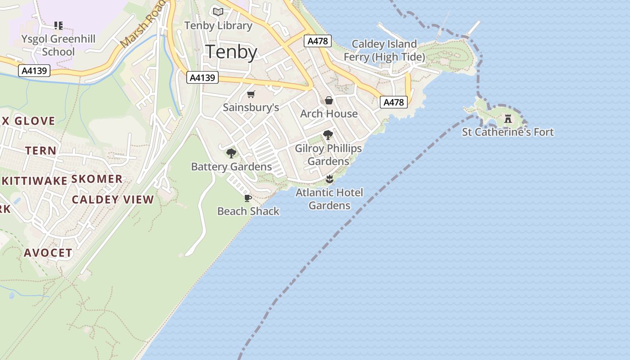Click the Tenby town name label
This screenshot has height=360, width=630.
pos(231,52)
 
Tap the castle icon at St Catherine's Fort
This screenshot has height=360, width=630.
pos(508,119)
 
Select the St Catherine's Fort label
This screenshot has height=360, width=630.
pos(508,132)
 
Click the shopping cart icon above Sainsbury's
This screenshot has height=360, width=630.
pos(251,94)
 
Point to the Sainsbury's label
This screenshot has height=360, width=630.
pos(251,108)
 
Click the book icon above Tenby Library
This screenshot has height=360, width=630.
pos(218,12)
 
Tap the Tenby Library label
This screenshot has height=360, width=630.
pos(218,26)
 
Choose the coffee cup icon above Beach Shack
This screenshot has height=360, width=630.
pos(247,198)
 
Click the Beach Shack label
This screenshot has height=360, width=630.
pos(248,211)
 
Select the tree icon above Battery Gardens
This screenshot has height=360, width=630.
pos(231,153)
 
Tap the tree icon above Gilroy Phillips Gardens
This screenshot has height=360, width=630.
pos(328,135)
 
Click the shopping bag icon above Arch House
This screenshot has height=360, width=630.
pos(329,100)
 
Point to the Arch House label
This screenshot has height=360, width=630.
pos(329,114)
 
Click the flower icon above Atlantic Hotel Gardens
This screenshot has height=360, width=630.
pos(329,180)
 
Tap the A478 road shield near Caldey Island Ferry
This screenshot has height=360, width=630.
pos(318,41)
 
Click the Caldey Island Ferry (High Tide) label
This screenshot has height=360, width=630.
pos(384,50)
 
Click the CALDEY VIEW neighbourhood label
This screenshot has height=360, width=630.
pos(113,200)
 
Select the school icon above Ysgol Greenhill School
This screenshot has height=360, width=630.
pos(58,25)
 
